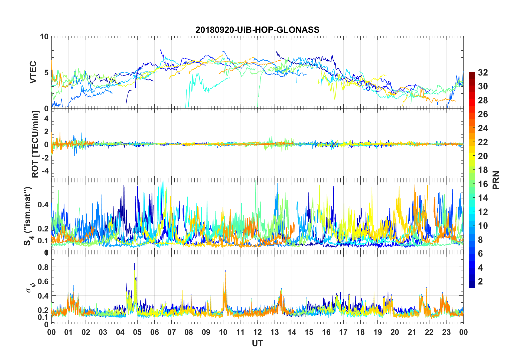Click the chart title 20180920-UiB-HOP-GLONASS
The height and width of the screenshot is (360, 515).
pos(257,30)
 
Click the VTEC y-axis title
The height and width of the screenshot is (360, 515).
pos(33,72)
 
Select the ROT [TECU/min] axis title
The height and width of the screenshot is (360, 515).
pos(35,144)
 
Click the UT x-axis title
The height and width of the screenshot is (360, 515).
pos(257,343)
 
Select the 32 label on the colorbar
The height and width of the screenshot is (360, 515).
pos(483,73)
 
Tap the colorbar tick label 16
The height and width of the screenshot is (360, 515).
pos(483,184)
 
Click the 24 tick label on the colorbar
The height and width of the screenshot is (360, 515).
pos(483,128)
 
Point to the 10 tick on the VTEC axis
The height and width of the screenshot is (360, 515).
pos(44,37)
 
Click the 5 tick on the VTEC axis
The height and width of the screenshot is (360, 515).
pos(46,73)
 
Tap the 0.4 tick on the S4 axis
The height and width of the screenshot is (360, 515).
pos(43,205)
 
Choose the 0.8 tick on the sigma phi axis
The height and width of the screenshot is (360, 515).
pos(43,267)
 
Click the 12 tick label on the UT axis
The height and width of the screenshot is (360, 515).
pos(257,332)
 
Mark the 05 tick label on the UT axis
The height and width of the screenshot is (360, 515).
pos(137,332)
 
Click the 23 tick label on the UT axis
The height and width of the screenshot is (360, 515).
pos(446,332)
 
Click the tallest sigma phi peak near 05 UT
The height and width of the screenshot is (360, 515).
pos(134,264)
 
